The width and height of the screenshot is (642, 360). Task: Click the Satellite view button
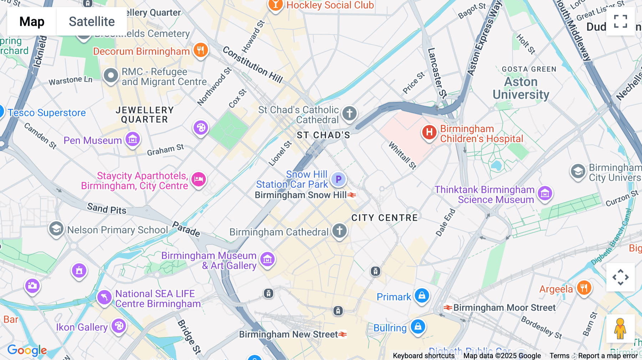pos(92,21)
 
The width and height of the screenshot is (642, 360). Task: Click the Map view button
pos(32,21)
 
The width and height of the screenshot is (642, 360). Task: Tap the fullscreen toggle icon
pos(620,21)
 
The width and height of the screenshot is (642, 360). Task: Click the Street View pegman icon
pos(620,328)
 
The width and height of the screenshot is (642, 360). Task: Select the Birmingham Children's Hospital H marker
pos(429,132)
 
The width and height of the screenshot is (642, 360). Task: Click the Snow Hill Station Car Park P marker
pos(338,179)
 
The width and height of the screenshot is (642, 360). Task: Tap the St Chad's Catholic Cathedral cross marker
pos(350,114)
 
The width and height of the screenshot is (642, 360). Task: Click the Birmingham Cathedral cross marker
pos(340,231)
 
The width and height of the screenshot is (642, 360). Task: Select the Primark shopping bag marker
pos(422,295)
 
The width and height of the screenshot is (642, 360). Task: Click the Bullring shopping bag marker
pos(418,326)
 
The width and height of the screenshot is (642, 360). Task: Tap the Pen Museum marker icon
pos(133,139)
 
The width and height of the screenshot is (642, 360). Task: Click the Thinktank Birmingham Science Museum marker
pos(545,194)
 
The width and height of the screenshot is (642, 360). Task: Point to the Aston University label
pos(521,88)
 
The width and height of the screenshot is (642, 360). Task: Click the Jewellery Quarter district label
pos(144,115)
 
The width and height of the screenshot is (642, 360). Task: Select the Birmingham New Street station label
pos(288,334)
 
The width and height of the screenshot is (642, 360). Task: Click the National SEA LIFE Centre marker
pos(105,297)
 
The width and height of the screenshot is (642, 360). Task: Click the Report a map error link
pos(608,356)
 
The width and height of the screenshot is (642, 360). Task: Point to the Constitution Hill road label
pos(253,65)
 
